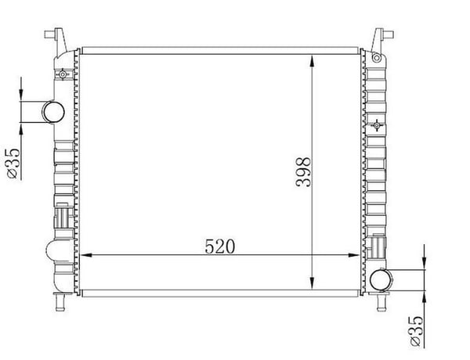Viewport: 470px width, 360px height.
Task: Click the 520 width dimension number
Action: point(219,247)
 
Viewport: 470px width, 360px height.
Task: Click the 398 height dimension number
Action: point(303,172)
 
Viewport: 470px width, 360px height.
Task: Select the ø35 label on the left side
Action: point(13,164)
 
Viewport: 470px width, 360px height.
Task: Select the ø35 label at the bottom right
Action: point(416,331)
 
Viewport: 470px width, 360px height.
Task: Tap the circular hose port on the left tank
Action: point(53,112)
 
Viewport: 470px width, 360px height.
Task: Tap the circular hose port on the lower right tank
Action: point(381,280)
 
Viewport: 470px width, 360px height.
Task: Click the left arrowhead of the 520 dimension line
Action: point(86,255)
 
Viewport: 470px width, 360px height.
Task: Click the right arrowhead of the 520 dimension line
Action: point(354,255)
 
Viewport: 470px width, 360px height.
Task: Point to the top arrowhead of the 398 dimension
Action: point(312,60)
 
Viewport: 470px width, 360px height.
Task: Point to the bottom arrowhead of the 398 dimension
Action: point(312,283)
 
